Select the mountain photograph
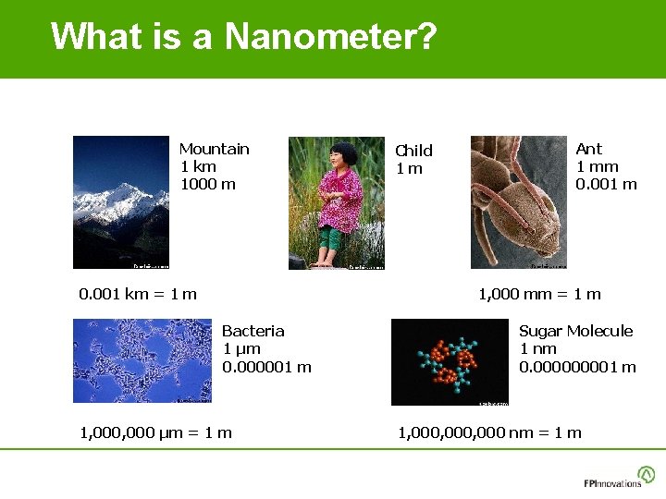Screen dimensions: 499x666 (x=121, y=202)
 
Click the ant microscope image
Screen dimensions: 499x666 (x=518, y=202)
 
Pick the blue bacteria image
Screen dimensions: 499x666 (x=142, y=360)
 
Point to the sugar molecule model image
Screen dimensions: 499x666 (x=450, y=361)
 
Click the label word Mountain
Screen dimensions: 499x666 (x=214, y=149)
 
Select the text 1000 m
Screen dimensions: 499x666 (x=208, y=184)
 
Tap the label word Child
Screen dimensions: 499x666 (x=413, y=151)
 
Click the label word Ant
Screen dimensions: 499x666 (x=588, y=149)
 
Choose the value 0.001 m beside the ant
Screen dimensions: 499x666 (x=606, y=184)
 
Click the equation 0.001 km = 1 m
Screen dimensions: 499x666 (x=138, y=294)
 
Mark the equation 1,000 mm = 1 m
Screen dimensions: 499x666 (x=539, y=294)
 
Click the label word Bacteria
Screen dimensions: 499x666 (x=253, y=331)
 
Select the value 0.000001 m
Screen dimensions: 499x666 (x=266, y=367)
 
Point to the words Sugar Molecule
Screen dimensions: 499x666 (x=575, y=331)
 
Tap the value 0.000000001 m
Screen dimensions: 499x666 (x=577, y=367)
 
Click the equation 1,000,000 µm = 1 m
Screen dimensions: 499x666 (x=156, y=432)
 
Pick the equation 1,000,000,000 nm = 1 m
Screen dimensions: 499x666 (x=489, y=432)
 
